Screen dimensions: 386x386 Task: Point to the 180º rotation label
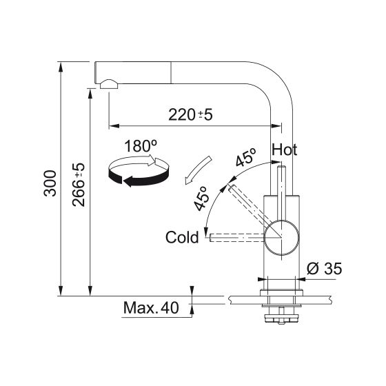141,146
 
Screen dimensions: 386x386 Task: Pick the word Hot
285,150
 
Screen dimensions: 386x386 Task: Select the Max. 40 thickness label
150,307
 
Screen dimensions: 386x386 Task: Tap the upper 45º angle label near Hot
245,158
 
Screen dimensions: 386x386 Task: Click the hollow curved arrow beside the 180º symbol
194,170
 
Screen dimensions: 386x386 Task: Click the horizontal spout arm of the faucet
193,72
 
